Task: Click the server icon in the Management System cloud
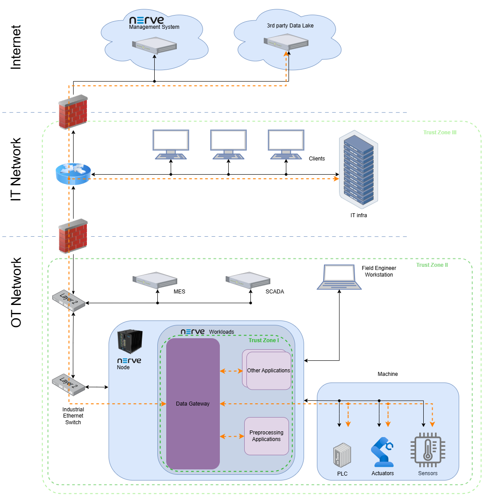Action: click(154, 45)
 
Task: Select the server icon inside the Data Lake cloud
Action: click(286, 42)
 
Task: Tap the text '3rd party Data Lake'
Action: click(290, 26)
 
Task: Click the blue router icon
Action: click(73, 174)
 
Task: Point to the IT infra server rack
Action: click(359, 170)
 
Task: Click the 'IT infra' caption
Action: click(359, 215)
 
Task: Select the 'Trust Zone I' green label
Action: click(264, 340)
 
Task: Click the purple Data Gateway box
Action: click(193, 404)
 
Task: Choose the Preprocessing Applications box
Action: click(266, 436)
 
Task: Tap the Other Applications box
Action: click(269, 371)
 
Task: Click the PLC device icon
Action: click(342, 455)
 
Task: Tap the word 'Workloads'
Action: click(222, 332)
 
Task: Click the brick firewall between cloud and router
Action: click(73, 112)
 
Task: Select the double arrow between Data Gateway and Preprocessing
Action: click(232, 437)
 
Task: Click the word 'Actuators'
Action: click(383, 473)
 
